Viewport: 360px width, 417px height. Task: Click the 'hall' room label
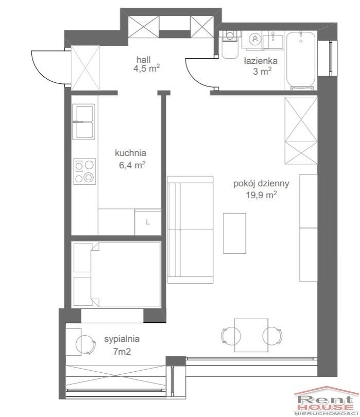[x=143, y=60]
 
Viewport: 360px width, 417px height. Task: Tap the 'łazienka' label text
[x=261, y=61]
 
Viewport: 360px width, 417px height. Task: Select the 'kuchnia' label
[x=130, y=153]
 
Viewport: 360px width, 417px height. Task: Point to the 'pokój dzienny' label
[x=261, y=183]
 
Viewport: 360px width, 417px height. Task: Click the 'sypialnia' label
[x=122, y=339]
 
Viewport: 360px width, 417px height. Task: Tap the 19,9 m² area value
[x=261, y=195]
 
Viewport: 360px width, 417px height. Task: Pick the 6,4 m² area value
[x=132, y=165]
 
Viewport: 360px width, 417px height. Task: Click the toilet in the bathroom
[x=230, y=45]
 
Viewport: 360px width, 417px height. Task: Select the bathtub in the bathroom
[x=301, y=61]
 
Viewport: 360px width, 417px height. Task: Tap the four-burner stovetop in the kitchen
[x=84, y=171]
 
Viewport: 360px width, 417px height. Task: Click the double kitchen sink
[x=83, y=122]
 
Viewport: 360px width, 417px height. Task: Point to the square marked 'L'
[x=148, y=222]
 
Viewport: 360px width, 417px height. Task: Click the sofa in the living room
[x=190, y=230]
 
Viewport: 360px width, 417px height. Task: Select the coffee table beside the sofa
[x=234, y=233]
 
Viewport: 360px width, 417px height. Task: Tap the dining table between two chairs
[x=251, y=335]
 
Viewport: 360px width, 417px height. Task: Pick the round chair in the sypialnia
[x=85, y=344]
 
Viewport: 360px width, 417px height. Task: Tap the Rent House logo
[x=327, y=401]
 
